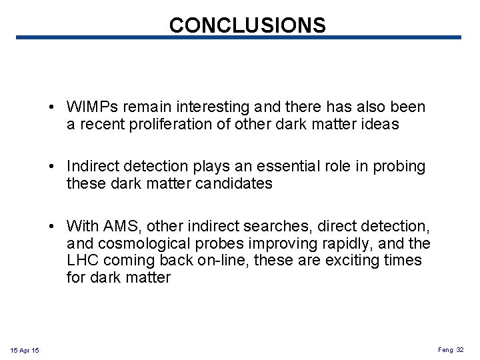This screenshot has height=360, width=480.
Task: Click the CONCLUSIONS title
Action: (247, 25)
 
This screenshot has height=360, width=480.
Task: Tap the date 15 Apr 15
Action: (25, 351)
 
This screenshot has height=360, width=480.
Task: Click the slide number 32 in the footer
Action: (460, 349)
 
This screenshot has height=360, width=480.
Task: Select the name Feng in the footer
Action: (445, 349)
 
